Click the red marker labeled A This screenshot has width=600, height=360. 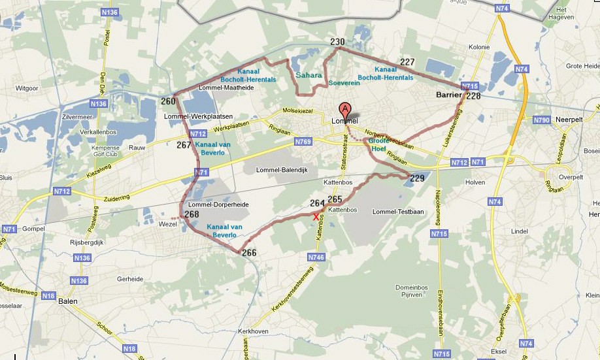point(344,109)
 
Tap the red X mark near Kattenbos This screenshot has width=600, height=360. point(316,216)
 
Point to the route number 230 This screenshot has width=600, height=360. point(337,42)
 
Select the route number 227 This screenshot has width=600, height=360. point(407,62)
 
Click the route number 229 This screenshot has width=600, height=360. point(417,178)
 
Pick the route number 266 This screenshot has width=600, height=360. point(248,253)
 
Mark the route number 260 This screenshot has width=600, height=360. point(168,101)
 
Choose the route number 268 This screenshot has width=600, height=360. point(192,214)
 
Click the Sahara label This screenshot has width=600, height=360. point(308,75)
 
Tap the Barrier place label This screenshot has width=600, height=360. point(448,95)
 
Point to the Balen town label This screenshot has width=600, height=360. point(68,301)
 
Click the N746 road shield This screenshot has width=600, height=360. point(316,257)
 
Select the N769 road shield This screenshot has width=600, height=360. point(303,141)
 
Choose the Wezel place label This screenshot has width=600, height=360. point(168,224)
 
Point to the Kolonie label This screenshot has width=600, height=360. point(479,47)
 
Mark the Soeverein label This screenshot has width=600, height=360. point(344,83)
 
